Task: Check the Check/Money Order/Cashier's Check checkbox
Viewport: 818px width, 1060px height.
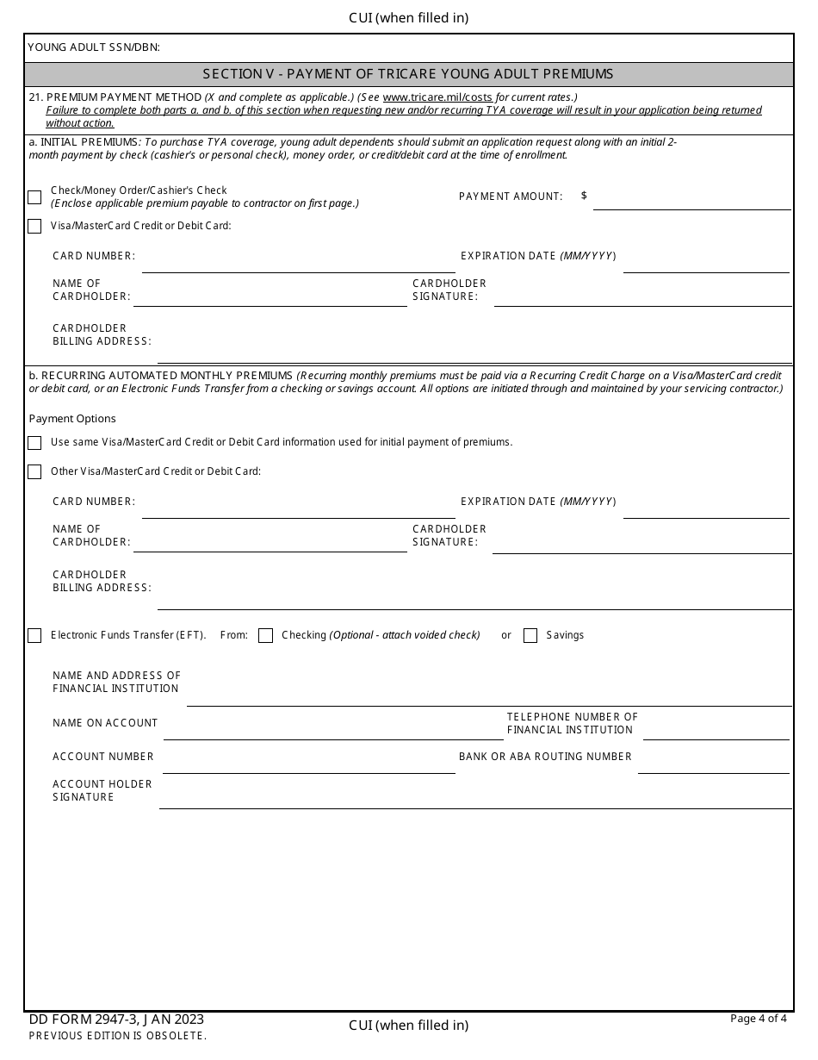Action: (x=34, y=197)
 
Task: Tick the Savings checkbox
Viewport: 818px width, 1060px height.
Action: (x=530, y=636)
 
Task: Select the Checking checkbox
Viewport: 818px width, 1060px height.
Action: (x=265, y=636)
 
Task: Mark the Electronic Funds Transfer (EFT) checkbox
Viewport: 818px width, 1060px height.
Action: (x=34, y=636)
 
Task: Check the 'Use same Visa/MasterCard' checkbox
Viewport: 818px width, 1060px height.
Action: (x=34, y=443)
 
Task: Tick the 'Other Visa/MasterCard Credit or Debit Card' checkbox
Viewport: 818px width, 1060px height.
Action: (x=34, y=472)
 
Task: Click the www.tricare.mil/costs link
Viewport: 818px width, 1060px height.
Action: (x=437, y=97)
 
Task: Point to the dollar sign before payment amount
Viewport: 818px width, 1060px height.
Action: (x=584, y=196)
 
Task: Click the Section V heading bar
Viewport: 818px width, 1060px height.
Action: (x=408, y=74)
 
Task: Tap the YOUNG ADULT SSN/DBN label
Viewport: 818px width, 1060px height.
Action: (x=94, y=47)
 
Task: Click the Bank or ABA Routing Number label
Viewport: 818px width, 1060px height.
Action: (x=545, y=757)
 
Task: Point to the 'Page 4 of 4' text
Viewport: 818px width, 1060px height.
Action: (x=758, y=1019)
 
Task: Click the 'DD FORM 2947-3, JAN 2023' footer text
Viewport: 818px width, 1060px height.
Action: (x=116, y=1019)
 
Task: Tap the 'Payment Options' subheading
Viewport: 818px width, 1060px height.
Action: (x=72, y=419)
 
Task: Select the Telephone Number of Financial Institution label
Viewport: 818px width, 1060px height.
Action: (x=572, y=723)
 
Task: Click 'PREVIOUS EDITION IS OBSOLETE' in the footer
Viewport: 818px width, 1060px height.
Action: (x=117, y=1036)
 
